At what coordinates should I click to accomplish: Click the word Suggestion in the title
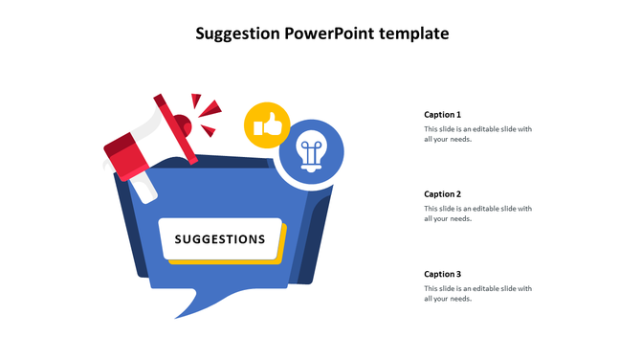point(238,34)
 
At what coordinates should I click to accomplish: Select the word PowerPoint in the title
point(329,34)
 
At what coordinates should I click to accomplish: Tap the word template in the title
point(413,34)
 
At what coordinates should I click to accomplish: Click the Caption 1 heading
point(442,115)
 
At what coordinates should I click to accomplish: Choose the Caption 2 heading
point(442,194)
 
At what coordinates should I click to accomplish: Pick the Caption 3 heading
point(442,274)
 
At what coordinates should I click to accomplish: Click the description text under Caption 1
point(477,134)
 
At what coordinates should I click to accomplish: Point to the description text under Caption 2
point(477,214)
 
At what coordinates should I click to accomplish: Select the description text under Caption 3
point(477,293)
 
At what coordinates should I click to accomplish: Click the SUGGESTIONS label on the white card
point(220,239)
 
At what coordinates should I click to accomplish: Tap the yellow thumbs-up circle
point(267,124)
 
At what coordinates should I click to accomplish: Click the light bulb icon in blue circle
point(310,151)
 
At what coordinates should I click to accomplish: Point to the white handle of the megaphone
point(143,188)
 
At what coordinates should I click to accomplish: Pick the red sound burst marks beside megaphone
point(205,113)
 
